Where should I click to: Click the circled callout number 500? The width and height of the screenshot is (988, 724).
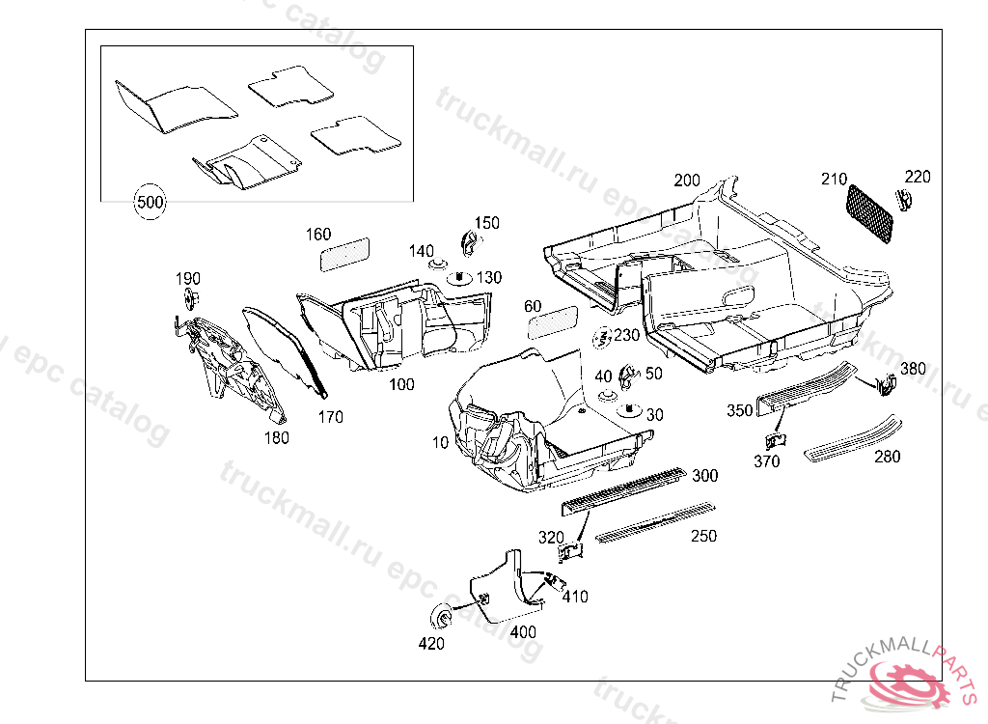151,203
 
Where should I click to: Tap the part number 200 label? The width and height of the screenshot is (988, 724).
687,181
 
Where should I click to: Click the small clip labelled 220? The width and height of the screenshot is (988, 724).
905,200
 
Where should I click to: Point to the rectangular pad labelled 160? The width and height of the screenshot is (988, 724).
344,252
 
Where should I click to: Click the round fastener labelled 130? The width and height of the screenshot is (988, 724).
458,280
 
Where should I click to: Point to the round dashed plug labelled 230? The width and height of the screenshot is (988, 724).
603,339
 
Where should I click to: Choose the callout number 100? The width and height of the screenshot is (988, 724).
401,384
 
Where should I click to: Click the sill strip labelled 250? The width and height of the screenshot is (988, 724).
655,522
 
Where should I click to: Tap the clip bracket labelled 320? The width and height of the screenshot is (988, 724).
572,551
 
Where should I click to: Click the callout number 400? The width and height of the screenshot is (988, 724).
523,632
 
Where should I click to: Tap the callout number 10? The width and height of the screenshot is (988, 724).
441,443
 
